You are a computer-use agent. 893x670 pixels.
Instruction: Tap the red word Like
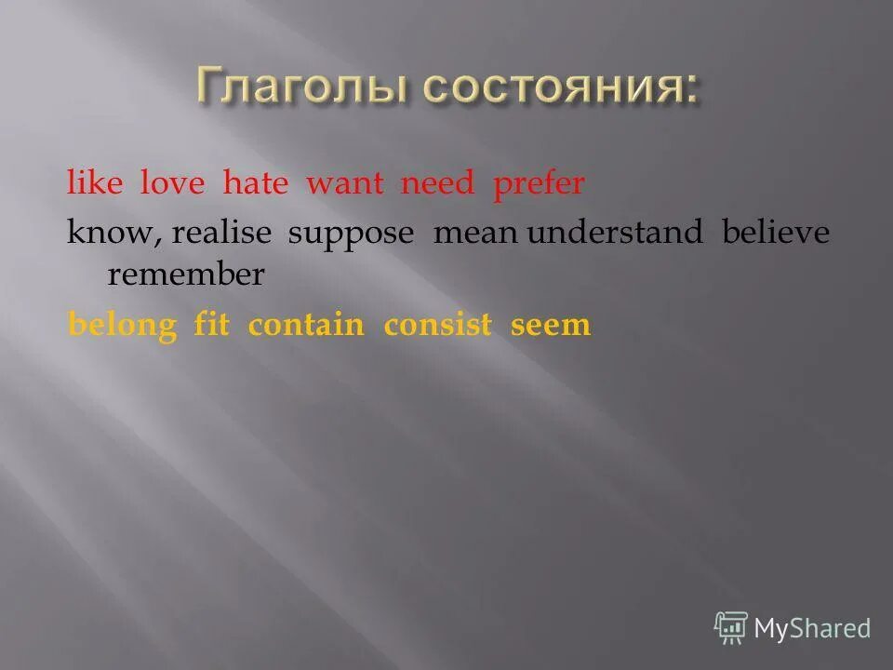coord(94,183)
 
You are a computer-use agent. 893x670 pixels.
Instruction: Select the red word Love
coord(171,183)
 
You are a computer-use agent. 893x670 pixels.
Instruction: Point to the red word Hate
coord(255,183)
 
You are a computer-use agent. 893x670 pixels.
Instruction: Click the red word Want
coord(344,183)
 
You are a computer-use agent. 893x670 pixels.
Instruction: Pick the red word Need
coord(437,183)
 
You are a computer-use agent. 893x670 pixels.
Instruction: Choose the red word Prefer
coord(539,184)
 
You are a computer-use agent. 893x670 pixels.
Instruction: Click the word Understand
coord(616,234)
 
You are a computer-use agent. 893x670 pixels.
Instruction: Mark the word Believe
coord(775,234)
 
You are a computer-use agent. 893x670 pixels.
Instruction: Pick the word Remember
coord(186,275)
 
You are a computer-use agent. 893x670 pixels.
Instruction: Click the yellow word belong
coord(122,325)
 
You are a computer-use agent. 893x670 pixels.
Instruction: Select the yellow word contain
coord(306,325)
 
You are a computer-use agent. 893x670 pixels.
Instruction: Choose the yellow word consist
coord(437,325)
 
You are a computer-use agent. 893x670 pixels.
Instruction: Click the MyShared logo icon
coord(731,628)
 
